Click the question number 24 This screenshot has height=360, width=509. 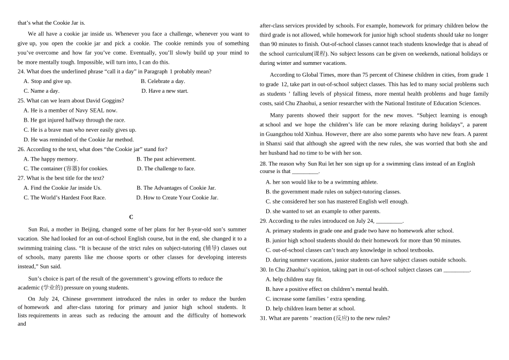pos(21,72)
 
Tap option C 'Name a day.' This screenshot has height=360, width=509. pos(41,91)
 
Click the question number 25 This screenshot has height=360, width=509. pos(21,101)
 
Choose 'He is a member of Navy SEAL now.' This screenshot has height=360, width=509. pos(70,110)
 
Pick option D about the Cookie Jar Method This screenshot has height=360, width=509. pos(78,139)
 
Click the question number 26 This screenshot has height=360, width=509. pos(21,149)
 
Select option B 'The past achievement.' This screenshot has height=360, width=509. pos(166,159)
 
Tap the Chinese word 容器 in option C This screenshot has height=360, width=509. pos(72,169)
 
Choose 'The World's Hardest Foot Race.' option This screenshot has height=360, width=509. pos(65,198)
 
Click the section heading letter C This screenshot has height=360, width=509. pos(131,217)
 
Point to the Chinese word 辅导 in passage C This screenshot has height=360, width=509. pos(210,249)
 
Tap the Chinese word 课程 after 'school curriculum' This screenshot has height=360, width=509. pos(320,54)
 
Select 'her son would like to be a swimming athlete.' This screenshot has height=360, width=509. pos(321,182)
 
